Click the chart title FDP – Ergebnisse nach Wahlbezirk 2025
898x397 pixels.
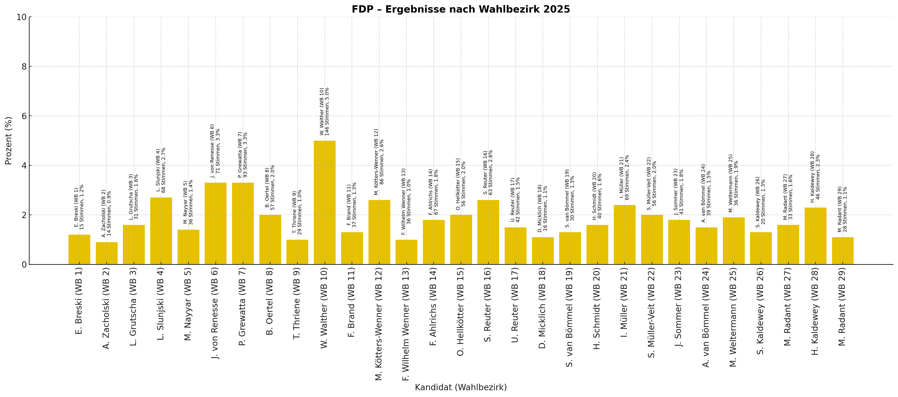click(x=461, y=10)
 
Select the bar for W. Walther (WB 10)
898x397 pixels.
click(x=325, y=203)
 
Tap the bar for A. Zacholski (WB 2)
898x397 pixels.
click(x=107, y=253)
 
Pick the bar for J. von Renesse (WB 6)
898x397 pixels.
click(x=215, y=223)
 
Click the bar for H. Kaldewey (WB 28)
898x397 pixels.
click(x=815, y=236)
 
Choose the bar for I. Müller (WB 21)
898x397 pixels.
click(x=625, y=235)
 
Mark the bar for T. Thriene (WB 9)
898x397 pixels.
click(x=297, y=252)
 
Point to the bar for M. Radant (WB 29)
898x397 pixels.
click(x=843, y=251)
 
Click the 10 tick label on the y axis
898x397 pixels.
click(x=22, y=17)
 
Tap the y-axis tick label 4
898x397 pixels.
click(x=24, y=166)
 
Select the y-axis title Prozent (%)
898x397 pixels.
click(x=8, y=141)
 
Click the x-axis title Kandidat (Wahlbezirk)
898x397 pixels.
click(x=461, y=387)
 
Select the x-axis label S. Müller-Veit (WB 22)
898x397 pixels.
click(x=651, y=313)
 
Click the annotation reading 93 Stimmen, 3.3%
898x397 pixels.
click(x=245, y=155)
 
